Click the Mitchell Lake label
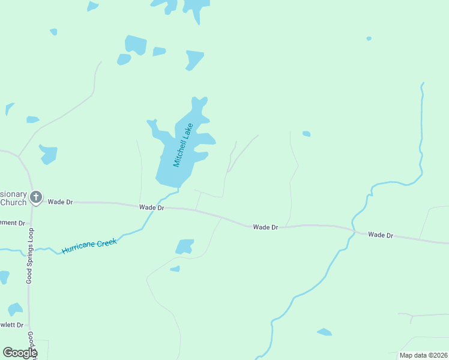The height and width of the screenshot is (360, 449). coord(183,145)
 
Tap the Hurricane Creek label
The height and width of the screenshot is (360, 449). coord(90,244)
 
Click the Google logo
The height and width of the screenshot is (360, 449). coord(20,353)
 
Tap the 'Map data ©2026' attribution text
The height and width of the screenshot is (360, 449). coord(423,355)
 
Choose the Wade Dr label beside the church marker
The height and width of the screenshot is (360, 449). coord(60,202)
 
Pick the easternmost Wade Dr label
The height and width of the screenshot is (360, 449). coord(381,235)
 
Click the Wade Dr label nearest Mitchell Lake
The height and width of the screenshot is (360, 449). coord(152,208)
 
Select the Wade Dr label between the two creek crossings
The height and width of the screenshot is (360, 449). coord(265,227)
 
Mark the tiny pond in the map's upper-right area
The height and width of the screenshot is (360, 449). coord(369,38)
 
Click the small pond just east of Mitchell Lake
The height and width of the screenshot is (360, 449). coord(306,134)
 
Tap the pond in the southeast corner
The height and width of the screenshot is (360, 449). coord(324,332)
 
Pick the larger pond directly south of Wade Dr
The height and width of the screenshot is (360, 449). coord(184,246)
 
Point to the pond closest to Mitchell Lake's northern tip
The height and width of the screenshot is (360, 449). coord(194,59)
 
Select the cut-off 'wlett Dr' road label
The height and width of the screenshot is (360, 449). coord(12,325)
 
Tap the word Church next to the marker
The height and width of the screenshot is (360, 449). coord(13,202)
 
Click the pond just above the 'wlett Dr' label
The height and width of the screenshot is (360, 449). coord(15,309)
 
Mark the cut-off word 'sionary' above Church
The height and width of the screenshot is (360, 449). coord(13,194)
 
